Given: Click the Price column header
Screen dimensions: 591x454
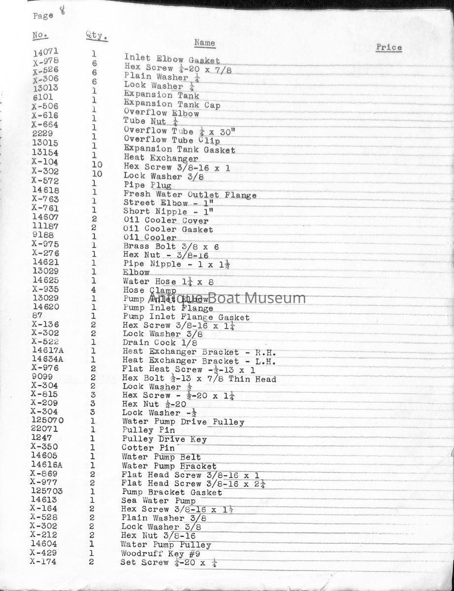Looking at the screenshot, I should point(389,48).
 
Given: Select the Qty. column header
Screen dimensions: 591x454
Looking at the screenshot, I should point(97,35).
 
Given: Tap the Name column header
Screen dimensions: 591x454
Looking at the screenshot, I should point(204,43).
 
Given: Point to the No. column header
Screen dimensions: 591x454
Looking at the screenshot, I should point(40,35).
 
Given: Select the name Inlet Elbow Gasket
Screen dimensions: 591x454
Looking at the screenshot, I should point(172,59).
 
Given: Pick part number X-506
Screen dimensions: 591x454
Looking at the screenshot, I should point(45,106).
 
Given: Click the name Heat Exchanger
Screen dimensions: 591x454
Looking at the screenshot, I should point(161,158).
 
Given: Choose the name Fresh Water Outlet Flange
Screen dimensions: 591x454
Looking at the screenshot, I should point(190,195).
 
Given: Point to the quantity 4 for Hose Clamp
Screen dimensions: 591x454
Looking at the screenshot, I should point(93,290).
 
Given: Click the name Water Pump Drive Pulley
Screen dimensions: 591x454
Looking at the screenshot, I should point(183,422).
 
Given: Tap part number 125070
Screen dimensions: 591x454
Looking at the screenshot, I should point(47,420).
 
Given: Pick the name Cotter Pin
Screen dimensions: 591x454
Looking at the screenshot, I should point(148,448).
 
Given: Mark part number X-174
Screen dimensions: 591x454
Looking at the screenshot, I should point(43,561).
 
